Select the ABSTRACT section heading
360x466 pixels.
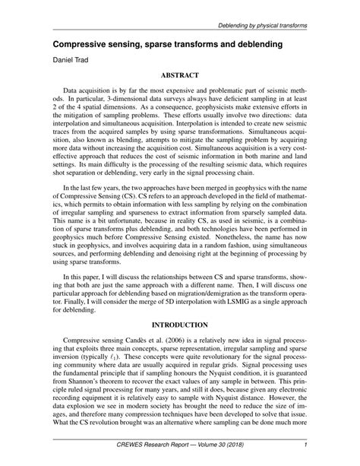pyautogui.click(x=180, y=76)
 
